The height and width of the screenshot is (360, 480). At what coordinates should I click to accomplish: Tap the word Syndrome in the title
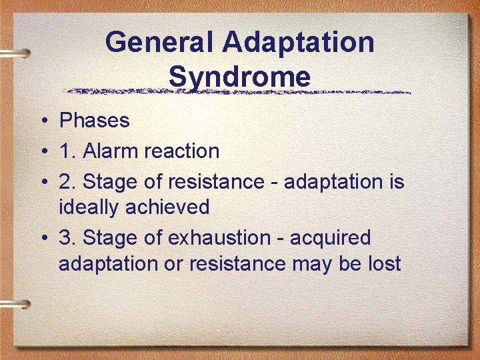(239, 76)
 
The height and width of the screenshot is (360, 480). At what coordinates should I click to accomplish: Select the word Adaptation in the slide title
(299, 43)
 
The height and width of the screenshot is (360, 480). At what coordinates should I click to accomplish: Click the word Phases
(94, 121)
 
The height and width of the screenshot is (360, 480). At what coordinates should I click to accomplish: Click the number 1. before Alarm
(67, 151)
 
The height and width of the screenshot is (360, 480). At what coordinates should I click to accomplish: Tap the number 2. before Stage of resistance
(67, 182)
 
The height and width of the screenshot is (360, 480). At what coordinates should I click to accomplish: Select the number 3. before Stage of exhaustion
(67, 238)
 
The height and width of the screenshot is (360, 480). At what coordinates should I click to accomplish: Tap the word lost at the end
(383, 263)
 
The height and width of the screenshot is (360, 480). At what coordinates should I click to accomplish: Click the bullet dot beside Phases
(42, 121)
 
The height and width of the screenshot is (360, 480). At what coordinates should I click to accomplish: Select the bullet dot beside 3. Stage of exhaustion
(42, 239)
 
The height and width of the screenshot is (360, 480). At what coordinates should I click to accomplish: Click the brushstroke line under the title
(240, 91)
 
